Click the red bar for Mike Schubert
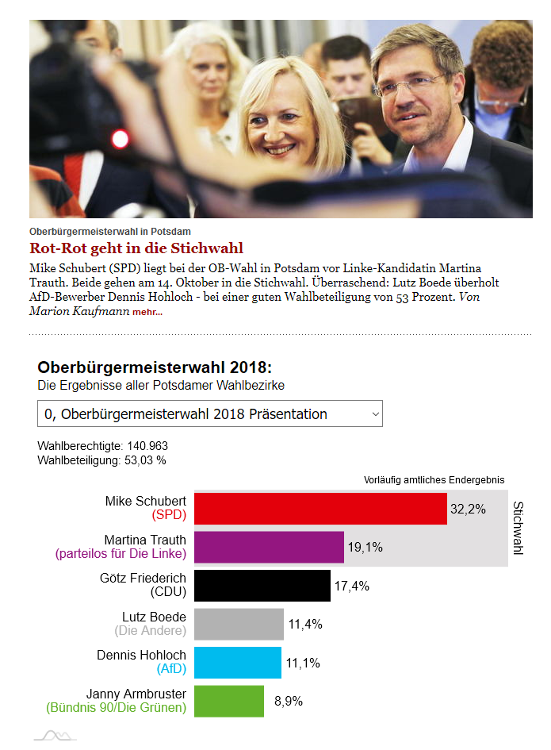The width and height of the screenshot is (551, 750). (x=320, y=509)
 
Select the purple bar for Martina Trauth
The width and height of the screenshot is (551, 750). (x=269, y=547)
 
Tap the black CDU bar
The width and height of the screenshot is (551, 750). (x=262, y=586)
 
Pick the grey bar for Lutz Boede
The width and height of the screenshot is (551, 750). (x=239, y=624)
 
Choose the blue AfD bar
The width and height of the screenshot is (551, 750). (x=238, y=663)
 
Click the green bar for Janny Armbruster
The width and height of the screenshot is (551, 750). (x=229, y=702)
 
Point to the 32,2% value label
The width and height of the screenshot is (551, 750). (x=468, y=509)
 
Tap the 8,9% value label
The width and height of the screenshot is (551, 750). (x=289, y=702)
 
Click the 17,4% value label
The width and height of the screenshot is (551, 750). (x=352, y=586)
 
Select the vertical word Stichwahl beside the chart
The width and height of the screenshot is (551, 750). (x=518, y=528)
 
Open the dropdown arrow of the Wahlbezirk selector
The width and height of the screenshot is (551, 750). (x=376, y=414)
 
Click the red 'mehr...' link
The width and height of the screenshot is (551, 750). (x=147, y=312)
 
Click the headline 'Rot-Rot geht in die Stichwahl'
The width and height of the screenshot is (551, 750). (x=136, y=248)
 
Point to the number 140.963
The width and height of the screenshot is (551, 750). (x=147, y=446)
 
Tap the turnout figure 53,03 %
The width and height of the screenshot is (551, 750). (x=145, y=460)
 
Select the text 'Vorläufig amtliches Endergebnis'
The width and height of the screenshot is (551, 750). (x=434, y=479)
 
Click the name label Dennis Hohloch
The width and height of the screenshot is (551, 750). (x=141, y=655)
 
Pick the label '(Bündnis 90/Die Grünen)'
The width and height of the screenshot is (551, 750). (x=116, y=707)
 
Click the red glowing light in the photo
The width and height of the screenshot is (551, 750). (x=120, y=139)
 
